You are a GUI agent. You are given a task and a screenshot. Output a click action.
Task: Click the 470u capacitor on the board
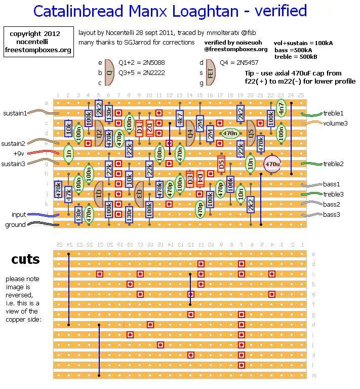[272, 164]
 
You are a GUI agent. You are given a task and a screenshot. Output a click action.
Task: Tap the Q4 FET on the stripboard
[190, 133]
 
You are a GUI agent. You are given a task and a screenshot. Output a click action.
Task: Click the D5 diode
[221, 164]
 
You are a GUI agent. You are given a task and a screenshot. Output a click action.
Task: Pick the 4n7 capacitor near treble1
[281, 108]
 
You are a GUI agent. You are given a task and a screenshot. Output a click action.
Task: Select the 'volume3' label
[335, 123]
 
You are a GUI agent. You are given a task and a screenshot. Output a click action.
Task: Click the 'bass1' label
[332, 184]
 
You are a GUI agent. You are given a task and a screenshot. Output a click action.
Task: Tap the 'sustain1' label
[14, 113]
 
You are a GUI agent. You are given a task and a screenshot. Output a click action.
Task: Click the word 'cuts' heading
[26, 259]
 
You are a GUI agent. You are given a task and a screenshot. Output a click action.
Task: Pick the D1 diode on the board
[139, 128]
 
